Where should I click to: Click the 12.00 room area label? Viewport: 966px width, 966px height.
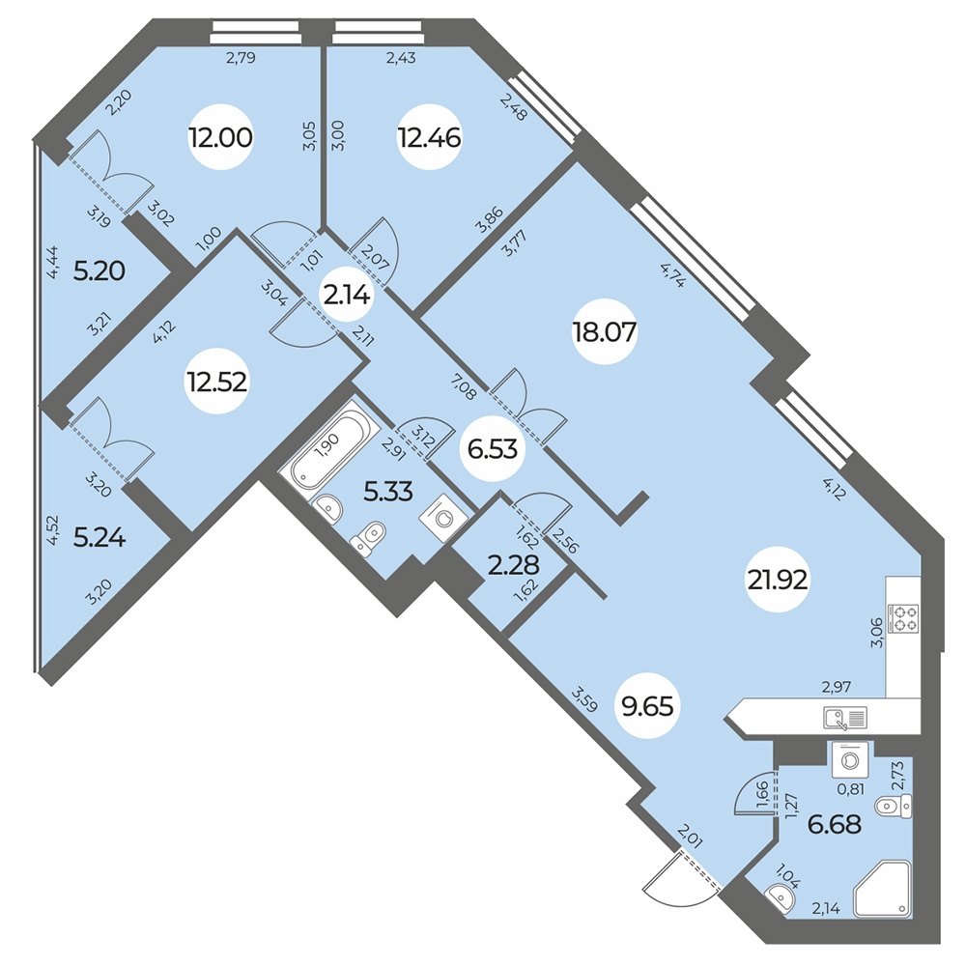tap(221, 138)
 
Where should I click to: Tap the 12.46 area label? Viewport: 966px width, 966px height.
tap(429, 138)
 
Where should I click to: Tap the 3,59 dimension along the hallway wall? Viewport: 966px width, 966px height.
tap(584, 697)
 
